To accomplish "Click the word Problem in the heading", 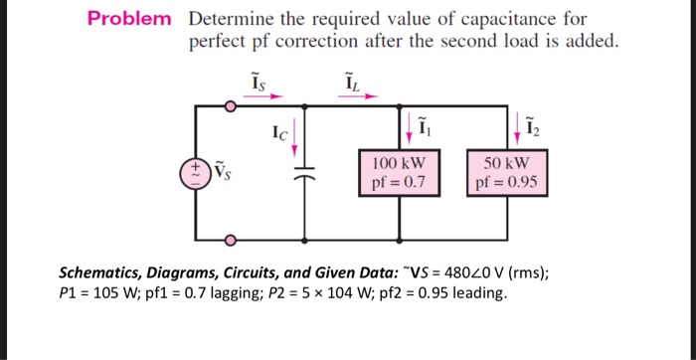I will point(128,19).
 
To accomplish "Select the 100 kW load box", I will point(399,172).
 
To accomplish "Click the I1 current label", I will point(425,127).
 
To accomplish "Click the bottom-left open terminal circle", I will point(232,240).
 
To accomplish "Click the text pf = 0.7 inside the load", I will point(399,182).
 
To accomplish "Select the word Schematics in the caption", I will point(105,271).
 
